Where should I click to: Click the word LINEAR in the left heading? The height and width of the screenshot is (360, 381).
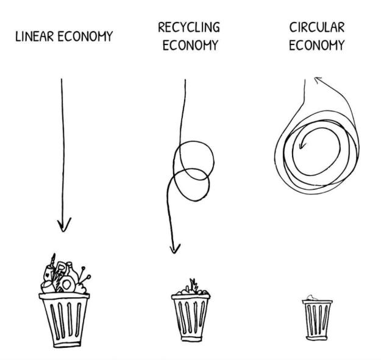click(x=34, y=37)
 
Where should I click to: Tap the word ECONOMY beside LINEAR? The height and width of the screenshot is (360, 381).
click(x=85, y=37)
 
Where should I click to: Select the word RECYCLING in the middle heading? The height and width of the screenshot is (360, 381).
click(x=189, y=27)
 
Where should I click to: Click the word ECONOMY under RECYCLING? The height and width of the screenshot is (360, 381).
click(x=190, y=45)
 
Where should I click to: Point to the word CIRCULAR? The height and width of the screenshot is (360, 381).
click(x=317, y=27)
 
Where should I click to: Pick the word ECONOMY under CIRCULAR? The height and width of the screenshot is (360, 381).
click(x=317, y=45)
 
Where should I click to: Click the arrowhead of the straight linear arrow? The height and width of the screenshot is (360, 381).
click(x=64, y=225)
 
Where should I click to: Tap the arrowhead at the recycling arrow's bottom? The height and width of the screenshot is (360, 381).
click(x=174, y=249)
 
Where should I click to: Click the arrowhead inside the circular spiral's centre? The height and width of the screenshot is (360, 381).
click(x=301, y=145)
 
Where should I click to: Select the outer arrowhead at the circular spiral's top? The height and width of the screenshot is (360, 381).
click(x=318, y=79)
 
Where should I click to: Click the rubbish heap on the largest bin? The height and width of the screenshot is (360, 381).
click(x=65, y=274)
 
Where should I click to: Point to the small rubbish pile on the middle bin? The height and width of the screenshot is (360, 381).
click(x=192, y=288)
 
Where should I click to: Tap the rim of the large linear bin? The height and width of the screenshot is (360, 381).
click(x=64, y=296)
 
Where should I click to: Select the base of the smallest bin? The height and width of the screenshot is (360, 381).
click(x=316, y=338)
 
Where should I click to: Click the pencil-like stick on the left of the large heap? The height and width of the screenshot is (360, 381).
click(x=53, y=259)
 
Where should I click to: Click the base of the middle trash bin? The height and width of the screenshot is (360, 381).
click(x=191, y=339)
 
